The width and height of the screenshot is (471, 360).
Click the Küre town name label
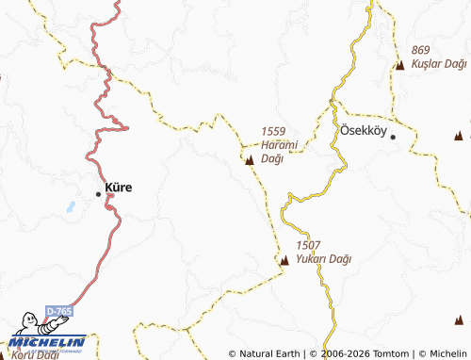tap(120, 188)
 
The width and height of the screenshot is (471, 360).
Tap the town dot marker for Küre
tap(99, 194)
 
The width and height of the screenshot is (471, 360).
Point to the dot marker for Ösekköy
tap(394, 138)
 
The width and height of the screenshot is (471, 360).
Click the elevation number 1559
tap(273, 132)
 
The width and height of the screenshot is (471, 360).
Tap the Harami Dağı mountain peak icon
tap(250, 161)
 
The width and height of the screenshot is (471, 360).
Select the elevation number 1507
tap(307, 245)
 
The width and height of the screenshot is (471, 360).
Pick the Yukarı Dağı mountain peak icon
tap(284, 260)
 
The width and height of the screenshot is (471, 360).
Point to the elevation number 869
tap(420, 49)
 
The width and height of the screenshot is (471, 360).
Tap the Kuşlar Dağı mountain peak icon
tap(400, 65)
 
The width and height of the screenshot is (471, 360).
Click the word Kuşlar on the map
tap(425, 63)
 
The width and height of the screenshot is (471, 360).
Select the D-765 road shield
tap(58, 311)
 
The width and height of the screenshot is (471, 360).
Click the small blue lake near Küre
tap(69, 205)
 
